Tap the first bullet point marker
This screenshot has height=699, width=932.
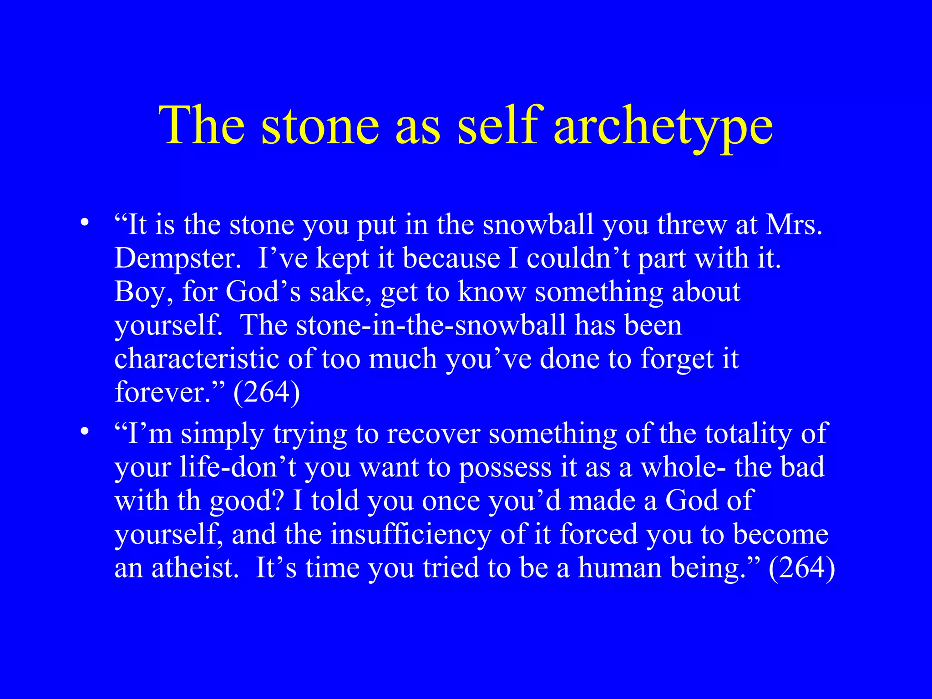click(84, 223)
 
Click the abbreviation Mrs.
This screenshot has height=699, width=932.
click(795, 225)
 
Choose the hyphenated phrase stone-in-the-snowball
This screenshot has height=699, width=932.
click(431, 325)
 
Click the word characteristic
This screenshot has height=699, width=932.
click(197, 359)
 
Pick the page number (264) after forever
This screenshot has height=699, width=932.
click(266, 392)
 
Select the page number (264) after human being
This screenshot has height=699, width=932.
click(802, 568)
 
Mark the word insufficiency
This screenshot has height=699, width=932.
click(410, 534)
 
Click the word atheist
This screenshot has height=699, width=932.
click(195, 568)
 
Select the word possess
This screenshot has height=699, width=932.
click(505, 468)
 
